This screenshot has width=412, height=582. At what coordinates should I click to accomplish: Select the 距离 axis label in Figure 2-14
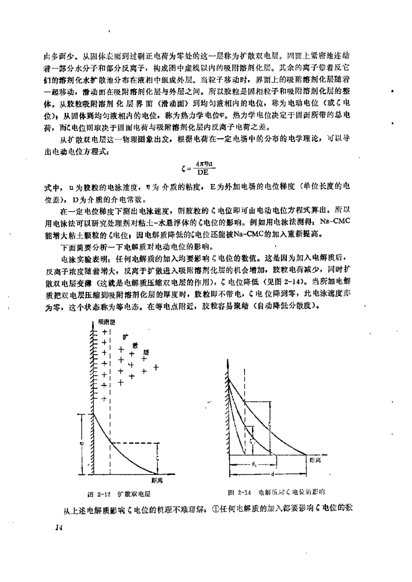tap(315, 460)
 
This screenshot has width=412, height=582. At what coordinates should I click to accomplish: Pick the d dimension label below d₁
tap(272, 474)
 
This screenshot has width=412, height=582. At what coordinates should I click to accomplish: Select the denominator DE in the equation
tap(203, 172)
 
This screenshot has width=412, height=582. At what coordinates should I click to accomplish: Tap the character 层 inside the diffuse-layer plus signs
tap(145, 352)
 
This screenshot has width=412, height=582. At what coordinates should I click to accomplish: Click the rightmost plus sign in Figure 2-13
tap(156, 367)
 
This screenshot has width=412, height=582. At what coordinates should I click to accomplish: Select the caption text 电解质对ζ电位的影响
tap(291, 492)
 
